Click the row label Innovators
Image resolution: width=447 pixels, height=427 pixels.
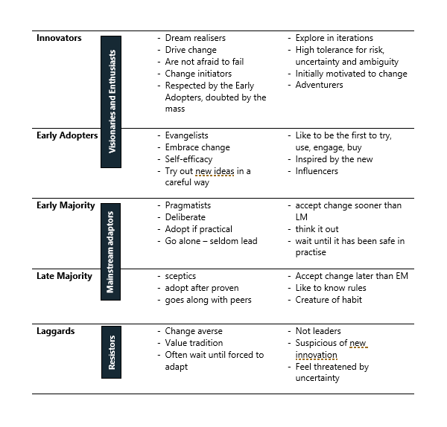tap(59, 38)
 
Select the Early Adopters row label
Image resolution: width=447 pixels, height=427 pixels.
tap(67, 135)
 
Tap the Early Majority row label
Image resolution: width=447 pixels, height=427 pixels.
tap(66, 205)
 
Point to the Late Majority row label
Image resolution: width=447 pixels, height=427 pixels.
tap(64, 276)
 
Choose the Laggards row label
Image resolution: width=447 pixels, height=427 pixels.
tap(56, 331)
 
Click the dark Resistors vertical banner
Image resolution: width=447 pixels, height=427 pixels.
tap(111, 352)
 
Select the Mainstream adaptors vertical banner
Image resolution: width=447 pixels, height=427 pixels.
tap(110, 251)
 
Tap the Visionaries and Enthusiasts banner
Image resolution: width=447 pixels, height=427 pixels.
tap(111, 102)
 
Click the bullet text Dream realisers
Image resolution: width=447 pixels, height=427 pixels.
tap(195, 38)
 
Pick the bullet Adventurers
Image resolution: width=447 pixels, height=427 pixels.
tap(319, 85)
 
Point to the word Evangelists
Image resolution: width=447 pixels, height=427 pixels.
tap(186, 135)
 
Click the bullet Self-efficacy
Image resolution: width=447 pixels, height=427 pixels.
tap(188, 159)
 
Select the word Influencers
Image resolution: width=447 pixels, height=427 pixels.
tap(317, 171)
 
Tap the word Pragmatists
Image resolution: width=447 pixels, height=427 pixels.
tap(188, 205)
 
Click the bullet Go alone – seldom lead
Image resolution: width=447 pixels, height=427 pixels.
tap(212, 241)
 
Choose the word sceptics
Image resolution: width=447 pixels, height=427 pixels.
tap(180, 276)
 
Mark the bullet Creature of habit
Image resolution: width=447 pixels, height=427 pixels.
tap(329, 300)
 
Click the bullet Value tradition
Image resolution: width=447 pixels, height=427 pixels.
tap(194, 343)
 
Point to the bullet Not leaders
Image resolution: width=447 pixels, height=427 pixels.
tap(318, 331)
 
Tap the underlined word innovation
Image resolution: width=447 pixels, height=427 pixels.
tap(316, 355)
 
